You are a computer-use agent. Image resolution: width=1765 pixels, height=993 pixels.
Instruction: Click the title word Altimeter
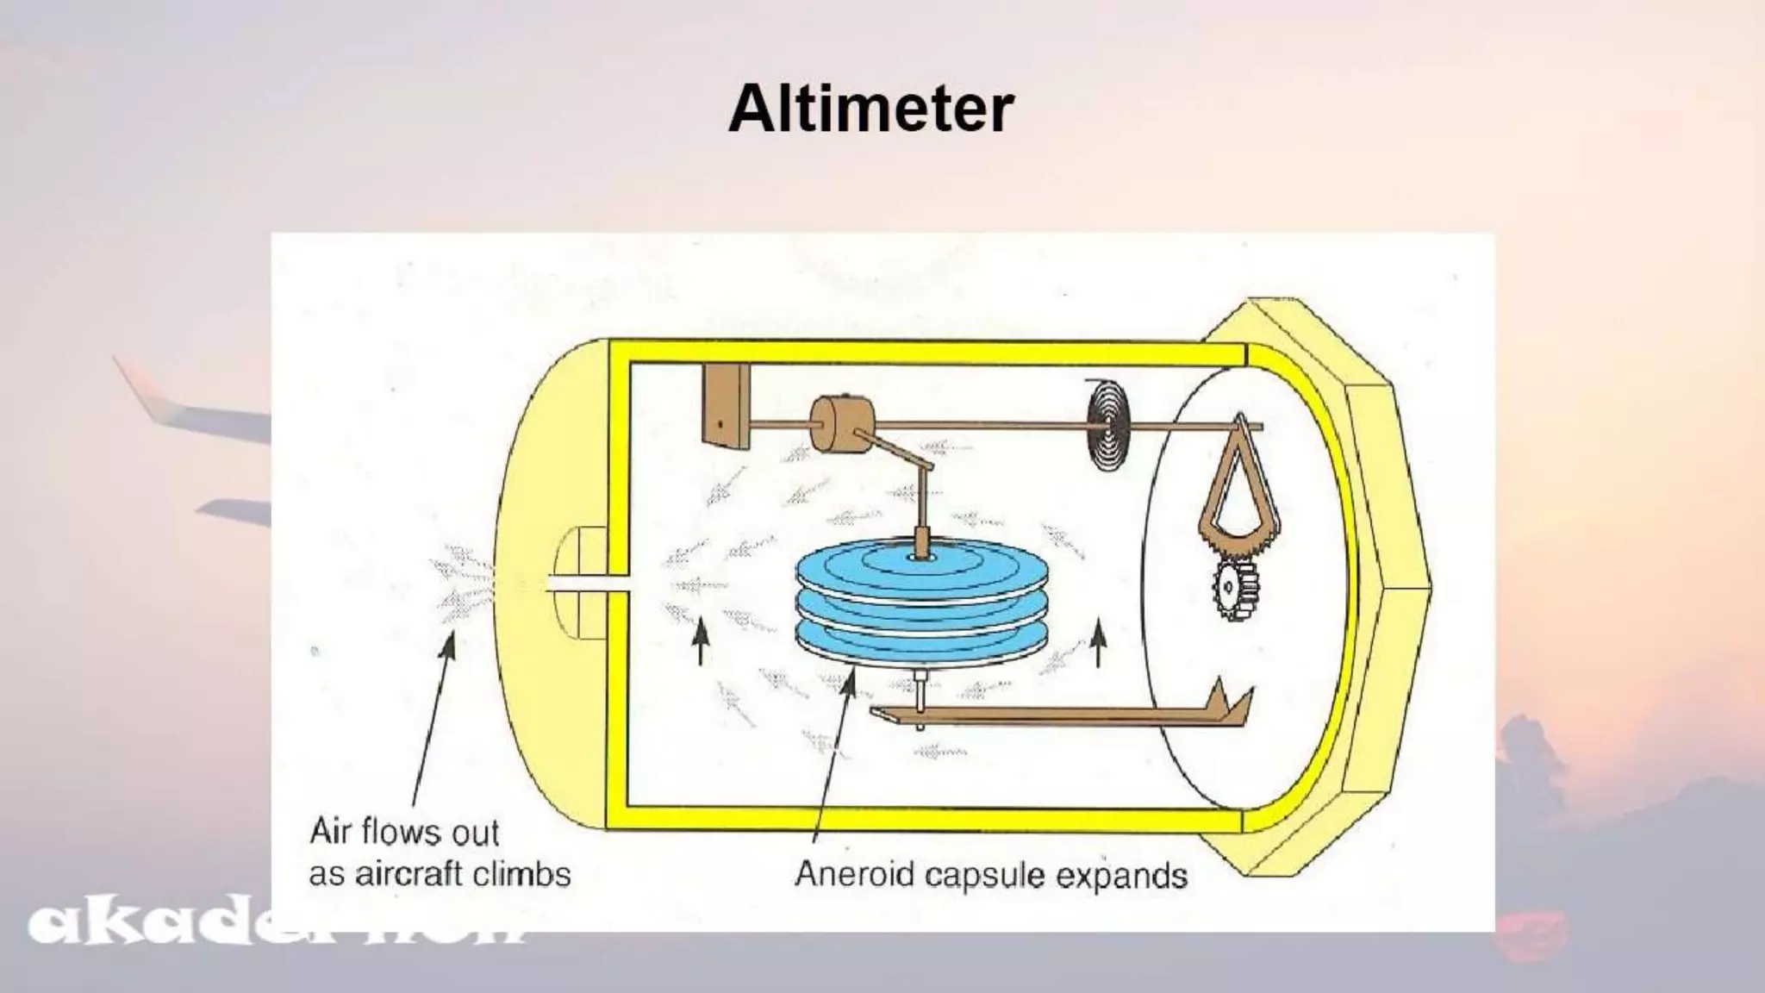point(870,109)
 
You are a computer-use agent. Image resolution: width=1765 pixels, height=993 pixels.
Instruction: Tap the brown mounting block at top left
point(726,405)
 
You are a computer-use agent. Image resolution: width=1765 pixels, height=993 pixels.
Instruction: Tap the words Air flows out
point(404,833)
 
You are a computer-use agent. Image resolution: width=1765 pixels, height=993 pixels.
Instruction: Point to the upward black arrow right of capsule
point(1099,643)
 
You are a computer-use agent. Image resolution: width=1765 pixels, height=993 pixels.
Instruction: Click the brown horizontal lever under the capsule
point(1034,714)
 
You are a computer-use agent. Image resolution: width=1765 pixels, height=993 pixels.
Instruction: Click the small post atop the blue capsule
point(922,541)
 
